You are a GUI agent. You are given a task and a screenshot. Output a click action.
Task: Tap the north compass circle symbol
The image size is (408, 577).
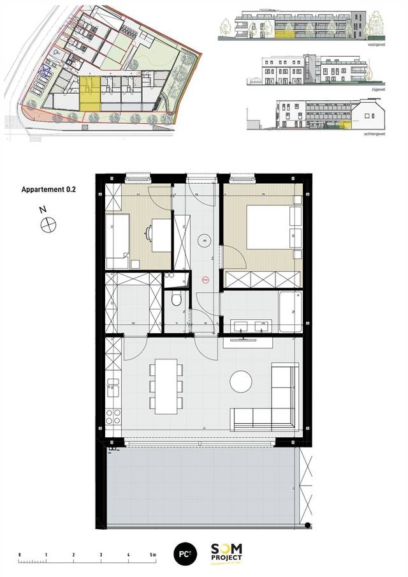coord(48,224)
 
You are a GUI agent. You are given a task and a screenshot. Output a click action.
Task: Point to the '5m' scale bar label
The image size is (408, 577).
coord(153,555)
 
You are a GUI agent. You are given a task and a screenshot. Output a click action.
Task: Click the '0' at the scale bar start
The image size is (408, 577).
coord(20,555)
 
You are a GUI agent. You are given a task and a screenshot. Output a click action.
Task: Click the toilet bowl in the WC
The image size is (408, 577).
coord(177,299)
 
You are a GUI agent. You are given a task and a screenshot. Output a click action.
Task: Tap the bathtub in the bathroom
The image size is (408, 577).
coord(290,311)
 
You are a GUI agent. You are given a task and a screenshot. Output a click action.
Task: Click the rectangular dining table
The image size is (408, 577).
coord(166,385)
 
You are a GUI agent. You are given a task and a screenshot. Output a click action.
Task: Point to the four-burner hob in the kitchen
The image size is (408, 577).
coord(113,417)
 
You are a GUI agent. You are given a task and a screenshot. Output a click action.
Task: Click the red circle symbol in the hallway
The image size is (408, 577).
coord(205,280)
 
